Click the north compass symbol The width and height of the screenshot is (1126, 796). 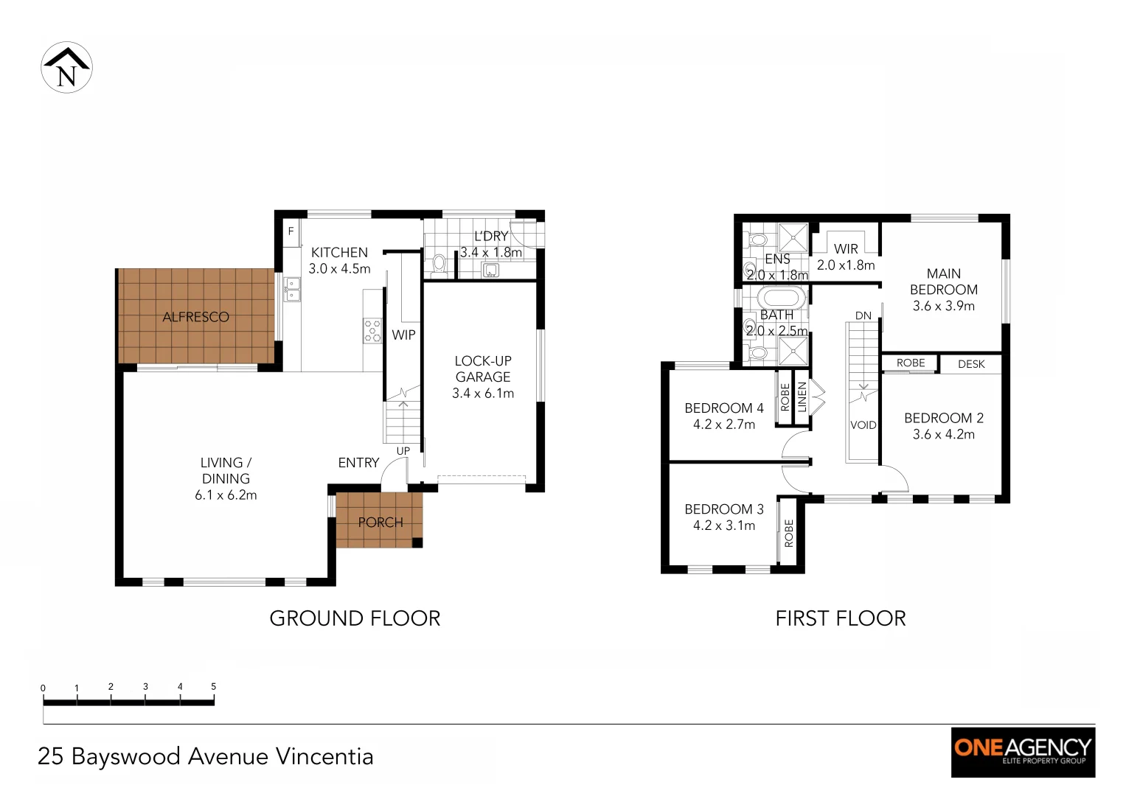[x=66, y=68]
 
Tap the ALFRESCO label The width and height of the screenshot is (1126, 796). [x=195, y=317]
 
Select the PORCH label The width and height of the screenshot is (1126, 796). [x=380, y=523]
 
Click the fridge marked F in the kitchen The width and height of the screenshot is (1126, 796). [x=291, y=231]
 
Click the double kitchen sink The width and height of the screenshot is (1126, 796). [x=293, y=289]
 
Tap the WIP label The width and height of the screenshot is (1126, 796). [x=403, y=335]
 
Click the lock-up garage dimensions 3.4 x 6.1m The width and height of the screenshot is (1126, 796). [x=483, y=394]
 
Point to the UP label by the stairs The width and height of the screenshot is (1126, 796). [x=403, y=451]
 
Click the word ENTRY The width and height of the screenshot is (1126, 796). [x=358, y=463]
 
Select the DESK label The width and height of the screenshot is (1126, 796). [x=971, y=364]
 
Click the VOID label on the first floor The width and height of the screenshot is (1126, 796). [x=863, y=425]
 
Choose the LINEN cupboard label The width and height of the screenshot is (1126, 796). [x=802, y=397]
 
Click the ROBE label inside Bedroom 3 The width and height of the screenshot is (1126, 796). [x=789, y=533]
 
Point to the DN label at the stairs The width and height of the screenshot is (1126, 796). [x=863, y=315]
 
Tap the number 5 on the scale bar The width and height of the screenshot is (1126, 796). [x=214, y=687]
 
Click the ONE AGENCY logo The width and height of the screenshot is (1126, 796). [x=1023, y=751]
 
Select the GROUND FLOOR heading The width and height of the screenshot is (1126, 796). [x=355, y=618]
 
